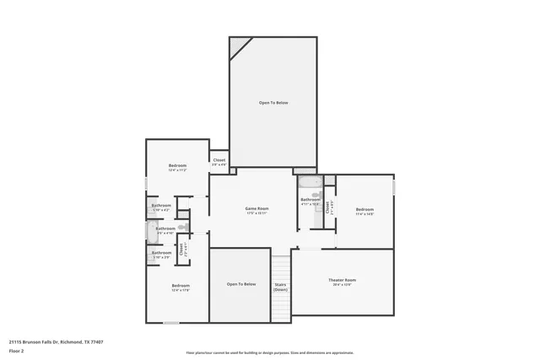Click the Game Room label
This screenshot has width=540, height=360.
pos(256,208)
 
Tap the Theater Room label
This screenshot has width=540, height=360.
pos(342,280)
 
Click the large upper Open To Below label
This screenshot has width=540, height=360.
pos(273,103)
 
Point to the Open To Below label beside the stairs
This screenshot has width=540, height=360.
pos(240,284)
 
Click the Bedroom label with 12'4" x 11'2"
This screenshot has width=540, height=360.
pos(177,165)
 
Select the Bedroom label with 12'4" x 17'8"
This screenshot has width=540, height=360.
pos(181,286)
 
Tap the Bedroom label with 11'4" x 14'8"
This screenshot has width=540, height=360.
pos(364,209)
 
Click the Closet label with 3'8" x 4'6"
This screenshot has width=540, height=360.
pos(219,159)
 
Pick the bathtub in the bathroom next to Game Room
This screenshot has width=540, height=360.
pos(309,182)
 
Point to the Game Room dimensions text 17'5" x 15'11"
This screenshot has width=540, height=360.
pos(256,213)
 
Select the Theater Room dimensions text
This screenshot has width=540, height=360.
pos(342,285)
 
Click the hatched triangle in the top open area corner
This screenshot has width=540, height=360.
pos(239,45)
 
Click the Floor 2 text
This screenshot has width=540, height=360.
pos(18,351)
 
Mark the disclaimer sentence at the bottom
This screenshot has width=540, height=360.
pos(269,352)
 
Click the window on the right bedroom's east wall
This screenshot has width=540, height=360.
pos(394,186)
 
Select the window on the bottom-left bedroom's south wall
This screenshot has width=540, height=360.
pos(171,323)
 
